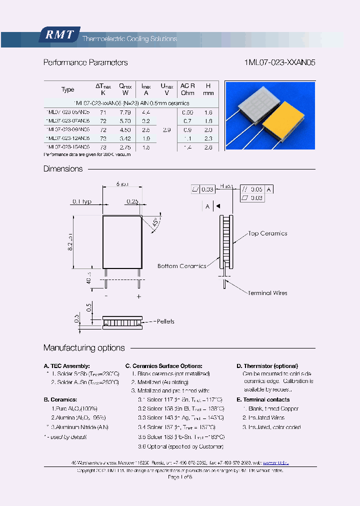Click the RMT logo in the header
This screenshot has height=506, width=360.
[58, 35]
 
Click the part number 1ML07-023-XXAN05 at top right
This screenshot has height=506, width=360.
[279, 63]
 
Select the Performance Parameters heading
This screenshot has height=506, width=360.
[85, 63]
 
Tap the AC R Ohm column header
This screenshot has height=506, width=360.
[187, 89]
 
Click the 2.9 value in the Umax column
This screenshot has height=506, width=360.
[167, 129]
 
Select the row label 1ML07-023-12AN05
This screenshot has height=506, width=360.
[67, 138]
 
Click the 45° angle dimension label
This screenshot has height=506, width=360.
[155, 222]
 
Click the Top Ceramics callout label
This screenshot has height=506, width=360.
[267, 233]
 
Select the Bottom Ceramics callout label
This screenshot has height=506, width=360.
[181, 266]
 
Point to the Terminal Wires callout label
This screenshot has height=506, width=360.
[267, 293]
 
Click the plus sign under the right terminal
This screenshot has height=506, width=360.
[138, 296]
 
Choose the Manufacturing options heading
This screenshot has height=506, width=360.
[84, 348]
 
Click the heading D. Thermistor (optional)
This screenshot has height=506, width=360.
[267, 366]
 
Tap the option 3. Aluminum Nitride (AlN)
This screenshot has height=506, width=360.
[79, 427]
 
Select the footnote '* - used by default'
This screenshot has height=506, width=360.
[65, 437]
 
